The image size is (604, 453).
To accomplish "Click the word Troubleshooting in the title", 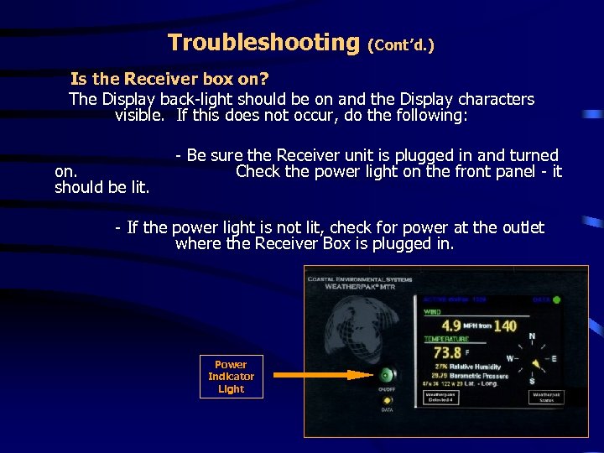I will (x=263, y=42).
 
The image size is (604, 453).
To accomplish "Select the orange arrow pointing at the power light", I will (x=323, y=375).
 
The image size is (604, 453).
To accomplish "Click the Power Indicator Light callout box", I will (x=231, y=377).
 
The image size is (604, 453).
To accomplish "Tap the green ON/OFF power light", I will (x=387, y=375).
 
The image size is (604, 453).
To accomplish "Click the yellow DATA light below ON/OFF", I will (x=387, y=400).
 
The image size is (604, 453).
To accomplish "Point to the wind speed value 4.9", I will (x=450, y=325).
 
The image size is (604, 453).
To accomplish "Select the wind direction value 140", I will (x=504, y=325).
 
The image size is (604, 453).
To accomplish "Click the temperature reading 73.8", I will (x=447, y=353).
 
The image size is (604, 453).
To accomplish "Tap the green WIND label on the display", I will (x=431, y=311).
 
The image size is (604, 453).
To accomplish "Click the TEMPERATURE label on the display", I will (x=445, y=339).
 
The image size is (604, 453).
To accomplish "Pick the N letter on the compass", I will (x=531, y=337).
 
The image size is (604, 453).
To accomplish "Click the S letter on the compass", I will (x=531, y=382).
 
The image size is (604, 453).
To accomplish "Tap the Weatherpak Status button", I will (x=544, y=397).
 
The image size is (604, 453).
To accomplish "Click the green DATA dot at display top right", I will (x=556, y=299).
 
